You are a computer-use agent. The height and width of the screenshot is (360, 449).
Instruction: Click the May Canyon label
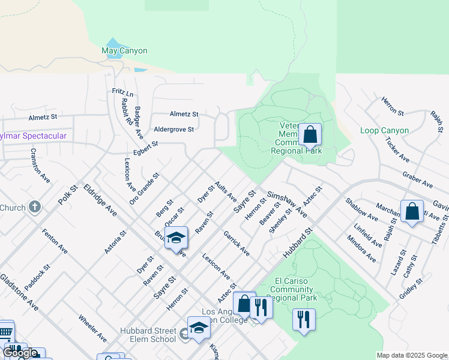(124, 51)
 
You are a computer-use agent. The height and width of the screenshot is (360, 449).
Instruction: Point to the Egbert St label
(146, 148)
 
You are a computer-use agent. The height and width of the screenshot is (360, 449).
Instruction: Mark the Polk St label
(69, 196)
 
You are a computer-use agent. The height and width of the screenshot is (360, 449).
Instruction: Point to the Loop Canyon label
(384, 130)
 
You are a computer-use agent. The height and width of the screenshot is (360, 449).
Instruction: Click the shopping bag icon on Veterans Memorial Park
(310, 135)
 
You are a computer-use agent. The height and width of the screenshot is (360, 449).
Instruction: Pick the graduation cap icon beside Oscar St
(176, 238)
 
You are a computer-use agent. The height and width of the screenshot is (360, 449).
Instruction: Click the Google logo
(20, 353)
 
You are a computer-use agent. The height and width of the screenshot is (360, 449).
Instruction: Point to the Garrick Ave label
(237, 244)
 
